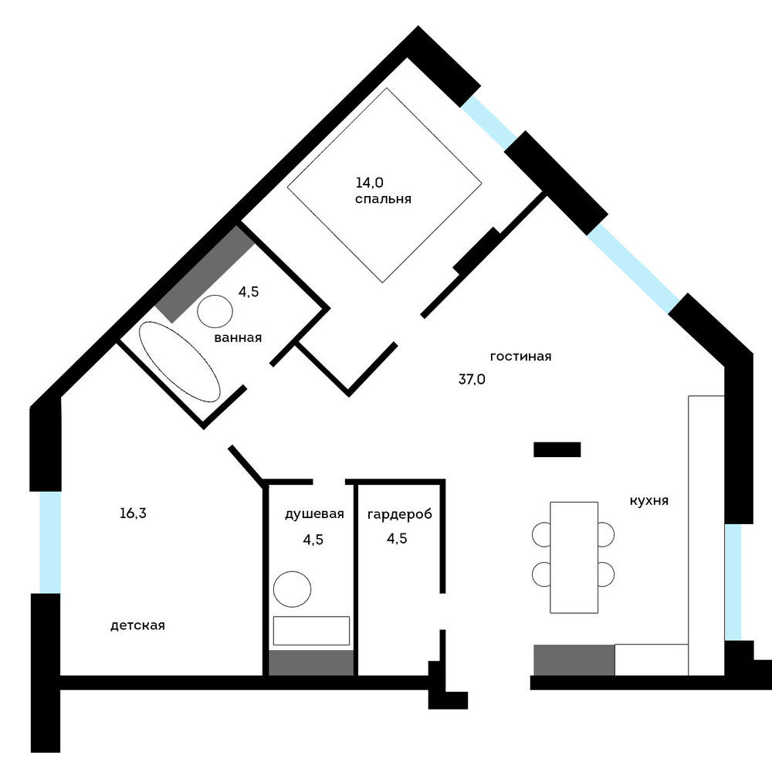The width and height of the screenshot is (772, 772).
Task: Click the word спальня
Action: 383,199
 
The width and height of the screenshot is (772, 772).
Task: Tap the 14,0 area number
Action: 369,183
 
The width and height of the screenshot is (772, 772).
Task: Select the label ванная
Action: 238,338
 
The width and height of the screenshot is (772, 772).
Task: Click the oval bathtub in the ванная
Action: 179,361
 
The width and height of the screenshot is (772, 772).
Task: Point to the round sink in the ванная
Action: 215,311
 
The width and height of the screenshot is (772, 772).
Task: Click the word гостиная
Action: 521,357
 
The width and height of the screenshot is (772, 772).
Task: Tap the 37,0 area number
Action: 472,379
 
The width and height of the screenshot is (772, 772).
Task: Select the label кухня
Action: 649,501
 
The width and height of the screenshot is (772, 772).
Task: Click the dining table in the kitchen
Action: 574,557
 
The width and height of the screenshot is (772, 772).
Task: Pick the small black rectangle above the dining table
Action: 557,449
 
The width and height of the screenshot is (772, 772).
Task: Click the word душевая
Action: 314,514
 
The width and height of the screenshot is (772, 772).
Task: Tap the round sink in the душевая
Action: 293,589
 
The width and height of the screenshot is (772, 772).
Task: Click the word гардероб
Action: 399,515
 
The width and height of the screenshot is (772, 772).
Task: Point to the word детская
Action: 137,626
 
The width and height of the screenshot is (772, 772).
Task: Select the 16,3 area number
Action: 133,513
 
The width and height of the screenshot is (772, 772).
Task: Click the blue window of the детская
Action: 50,542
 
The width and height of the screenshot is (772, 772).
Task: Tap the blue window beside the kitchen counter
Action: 733,582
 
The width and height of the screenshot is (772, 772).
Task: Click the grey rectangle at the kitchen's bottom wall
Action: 574,660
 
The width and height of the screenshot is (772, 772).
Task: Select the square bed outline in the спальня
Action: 384,185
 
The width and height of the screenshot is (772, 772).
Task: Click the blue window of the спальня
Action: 489,122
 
